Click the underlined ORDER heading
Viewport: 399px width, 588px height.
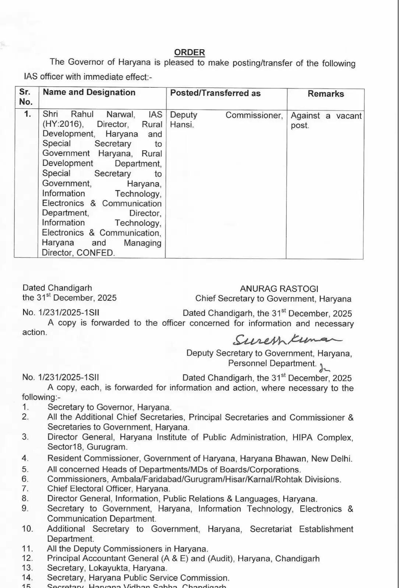click(190, 53)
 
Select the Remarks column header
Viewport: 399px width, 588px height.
click(325, 94)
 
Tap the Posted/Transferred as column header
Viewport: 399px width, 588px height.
click(215, 93)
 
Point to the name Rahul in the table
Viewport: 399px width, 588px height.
click(82, 115)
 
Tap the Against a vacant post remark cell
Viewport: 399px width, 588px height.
click(326, 121)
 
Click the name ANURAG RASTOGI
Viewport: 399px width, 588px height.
click(279, 289)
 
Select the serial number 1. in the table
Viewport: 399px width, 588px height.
click(28, 114)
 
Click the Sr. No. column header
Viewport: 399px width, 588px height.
click(26, 97)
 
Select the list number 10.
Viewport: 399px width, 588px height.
click(27, 529)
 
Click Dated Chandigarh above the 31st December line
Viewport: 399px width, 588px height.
click(57, 288)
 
